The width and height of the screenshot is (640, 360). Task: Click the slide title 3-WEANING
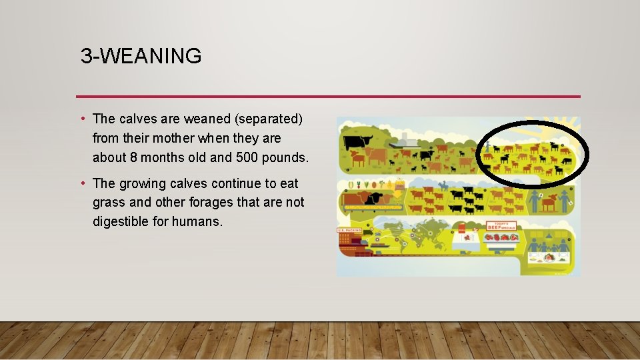pos(141,56)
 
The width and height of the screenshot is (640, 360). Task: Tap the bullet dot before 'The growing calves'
pos(82,182)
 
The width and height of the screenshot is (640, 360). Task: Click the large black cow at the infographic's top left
pos(357,141)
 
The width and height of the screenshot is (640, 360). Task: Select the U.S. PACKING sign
pos(349,231)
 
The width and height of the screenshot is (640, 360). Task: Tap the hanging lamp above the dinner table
pos(548,235)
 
